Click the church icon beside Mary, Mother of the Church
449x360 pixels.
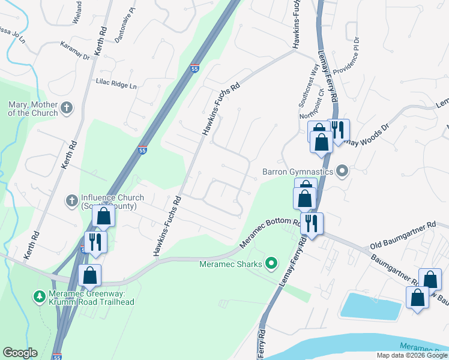tap(67, 109)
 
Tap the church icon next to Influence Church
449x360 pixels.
tap(71, 199)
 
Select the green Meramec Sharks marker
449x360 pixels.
tap(271, 262)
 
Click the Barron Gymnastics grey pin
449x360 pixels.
tap(343, 172)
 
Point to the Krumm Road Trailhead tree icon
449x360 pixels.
tap(40, 296)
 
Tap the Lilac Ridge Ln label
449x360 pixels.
tap(116, 85)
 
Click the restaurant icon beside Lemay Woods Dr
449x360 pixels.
tap(337, 130)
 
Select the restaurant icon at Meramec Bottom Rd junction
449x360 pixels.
tap(311, 224)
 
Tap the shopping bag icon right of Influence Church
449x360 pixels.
tap(104, 217)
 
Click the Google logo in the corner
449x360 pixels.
tap(20, 353)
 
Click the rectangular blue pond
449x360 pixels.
tap(372, 305)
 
